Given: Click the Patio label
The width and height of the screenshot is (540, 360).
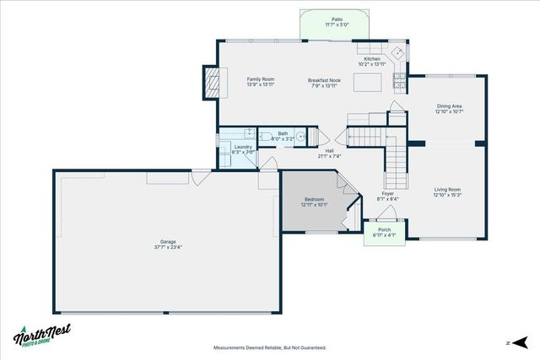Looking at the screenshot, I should click(x=337, y=19).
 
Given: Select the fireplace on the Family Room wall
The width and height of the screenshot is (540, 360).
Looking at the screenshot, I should click(x=210, y=83).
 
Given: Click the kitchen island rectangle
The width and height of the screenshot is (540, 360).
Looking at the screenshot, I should click(x=366, y=82).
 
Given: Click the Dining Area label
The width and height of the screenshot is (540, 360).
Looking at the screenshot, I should click(x=449, y=106).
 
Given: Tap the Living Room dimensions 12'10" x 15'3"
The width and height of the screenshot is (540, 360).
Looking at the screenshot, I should click(x=447, y=195).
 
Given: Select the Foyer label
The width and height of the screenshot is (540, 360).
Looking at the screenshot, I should click(x=387, y=194).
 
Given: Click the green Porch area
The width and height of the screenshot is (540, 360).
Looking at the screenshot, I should click(x=385, y=233).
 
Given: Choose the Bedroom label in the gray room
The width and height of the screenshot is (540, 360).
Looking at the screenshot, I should click(x=313, y=199).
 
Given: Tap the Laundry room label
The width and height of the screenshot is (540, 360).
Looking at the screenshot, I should click(x=244, y=147).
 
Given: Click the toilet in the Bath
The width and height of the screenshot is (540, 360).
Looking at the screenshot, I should click(x=264, y=136).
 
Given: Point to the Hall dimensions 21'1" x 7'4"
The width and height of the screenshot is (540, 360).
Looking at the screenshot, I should click(x=329, y=156).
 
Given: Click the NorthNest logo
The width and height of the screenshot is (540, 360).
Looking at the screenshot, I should click(x=42, y=335).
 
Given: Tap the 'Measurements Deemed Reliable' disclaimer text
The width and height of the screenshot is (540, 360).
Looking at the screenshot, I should click(x=270, y=347).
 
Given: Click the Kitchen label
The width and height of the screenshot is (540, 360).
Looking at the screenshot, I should click(x=372, y=59).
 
